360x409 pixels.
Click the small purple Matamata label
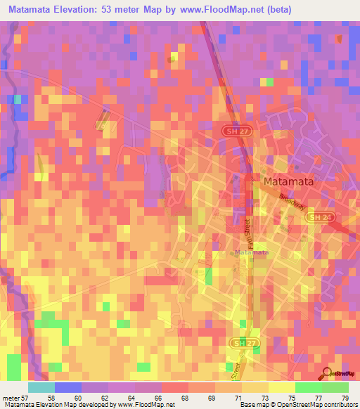(x=252, y=252)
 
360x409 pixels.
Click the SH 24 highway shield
(x=316, y=219)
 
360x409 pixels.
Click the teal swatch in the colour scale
(x=41, y=387)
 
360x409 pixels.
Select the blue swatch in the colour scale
(x=67, y=387)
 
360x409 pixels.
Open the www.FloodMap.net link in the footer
(x=146, y=404)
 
